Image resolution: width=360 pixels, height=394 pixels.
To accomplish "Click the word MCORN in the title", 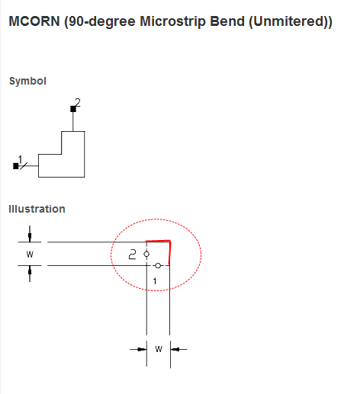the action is tap(34, 21).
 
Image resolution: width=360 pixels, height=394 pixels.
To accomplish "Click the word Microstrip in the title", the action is tap(172, 21).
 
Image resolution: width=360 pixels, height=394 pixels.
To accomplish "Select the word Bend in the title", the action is tap(227, 21).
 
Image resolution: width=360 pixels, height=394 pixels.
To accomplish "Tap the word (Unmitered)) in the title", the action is tap(291, 21).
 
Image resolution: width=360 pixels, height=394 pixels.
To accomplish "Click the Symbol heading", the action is tap(27, 82).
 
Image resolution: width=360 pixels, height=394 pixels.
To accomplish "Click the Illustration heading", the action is tap(37, 209).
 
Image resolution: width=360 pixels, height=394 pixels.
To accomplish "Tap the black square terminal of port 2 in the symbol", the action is tap(73, 109).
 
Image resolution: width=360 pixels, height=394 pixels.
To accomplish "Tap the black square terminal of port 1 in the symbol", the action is tap(16, 166).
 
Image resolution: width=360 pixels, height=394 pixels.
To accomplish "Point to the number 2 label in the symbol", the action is tap(78, 102).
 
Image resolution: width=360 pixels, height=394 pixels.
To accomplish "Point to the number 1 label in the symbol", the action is tap(21, 159).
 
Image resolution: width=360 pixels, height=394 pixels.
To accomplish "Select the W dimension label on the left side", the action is tap(30, 254).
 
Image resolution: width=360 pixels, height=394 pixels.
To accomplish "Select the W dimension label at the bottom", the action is tap(159, 349).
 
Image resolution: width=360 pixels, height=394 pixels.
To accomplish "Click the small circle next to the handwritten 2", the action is tap(146, 254).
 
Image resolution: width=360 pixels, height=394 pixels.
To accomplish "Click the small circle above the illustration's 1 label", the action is tap(158, 266).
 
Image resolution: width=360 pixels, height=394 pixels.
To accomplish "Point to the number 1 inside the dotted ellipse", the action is tap(155, 281).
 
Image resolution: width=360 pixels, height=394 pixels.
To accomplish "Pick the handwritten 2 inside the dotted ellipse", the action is tap(133, 255).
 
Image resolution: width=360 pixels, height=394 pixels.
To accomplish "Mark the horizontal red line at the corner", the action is tap(158, 241).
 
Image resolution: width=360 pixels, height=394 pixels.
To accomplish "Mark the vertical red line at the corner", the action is tap(170, 253).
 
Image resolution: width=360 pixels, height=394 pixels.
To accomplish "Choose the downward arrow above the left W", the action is tap(30, 234).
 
